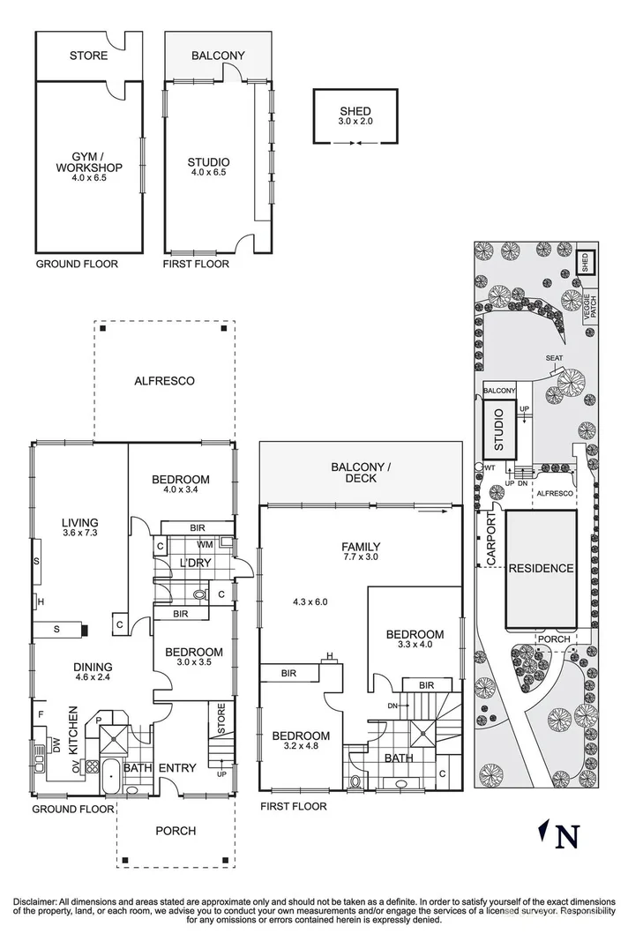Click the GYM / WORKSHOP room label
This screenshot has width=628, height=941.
coord(88,167)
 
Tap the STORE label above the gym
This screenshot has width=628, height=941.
coord(88,56)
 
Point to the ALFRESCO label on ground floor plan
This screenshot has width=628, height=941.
coord(164,381)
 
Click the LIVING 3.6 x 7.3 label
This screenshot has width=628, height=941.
coord(79,527)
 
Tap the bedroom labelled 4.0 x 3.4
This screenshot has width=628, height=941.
coord(180,485)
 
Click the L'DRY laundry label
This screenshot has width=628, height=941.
coord(193,563)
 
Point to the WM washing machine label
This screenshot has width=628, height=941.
coord(205,545)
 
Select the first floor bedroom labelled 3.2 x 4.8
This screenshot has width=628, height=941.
coord(300,741)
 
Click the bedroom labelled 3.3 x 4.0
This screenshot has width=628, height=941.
coord(414,639)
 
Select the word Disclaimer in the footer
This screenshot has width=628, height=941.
coord(34,901)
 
